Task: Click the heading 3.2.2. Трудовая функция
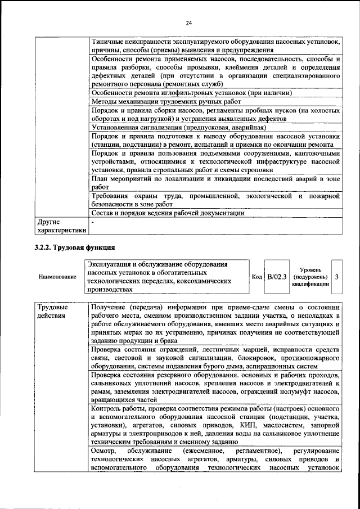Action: pyautogui.click(x=75, y=246)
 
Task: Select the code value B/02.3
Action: pyautogui.click(x=277, y=277)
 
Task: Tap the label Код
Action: pyautogui.click(x=257, y=277)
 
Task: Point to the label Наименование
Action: pyautogui.click(x=57, y=277)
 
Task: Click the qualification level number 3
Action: pyautogui.click(x=336, y=277)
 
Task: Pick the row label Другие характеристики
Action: pyautogui.click(x=61, y=226)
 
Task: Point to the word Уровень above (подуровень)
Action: pyautogui.click(x=310, y=270)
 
